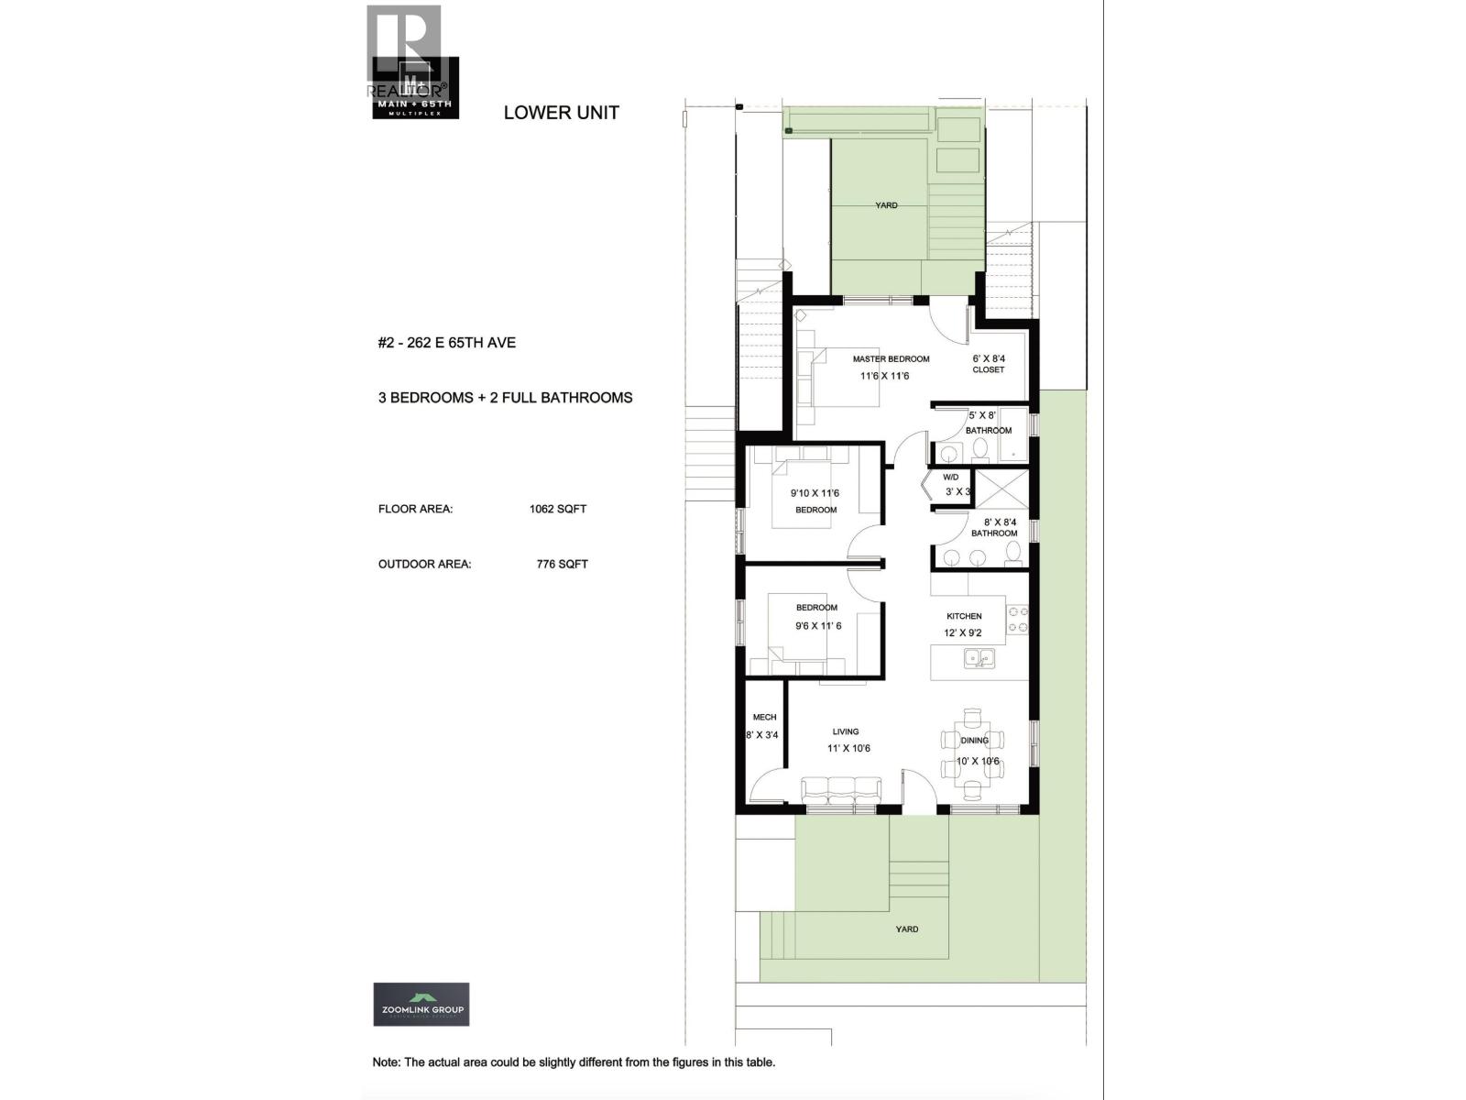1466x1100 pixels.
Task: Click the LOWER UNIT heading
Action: click(561, 113)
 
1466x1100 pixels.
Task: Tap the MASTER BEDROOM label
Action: click(891, 359)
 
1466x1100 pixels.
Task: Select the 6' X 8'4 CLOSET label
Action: click(988, 364)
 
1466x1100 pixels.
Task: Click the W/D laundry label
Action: click(950, 478)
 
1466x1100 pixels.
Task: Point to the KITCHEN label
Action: click(964, 616)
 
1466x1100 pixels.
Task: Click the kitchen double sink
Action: click(979, 657)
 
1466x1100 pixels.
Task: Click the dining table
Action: click(973, 753)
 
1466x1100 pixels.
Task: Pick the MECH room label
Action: click(764, 718)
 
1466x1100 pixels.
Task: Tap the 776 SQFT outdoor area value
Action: click(562, 564)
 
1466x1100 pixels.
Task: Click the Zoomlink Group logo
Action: click(421, 1004)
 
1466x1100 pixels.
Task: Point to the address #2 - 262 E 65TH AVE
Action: click(447, 343)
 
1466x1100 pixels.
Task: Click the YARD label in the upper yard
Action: click(886, 205)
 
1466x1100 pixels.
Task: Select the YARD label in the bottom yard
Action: click(906, 929)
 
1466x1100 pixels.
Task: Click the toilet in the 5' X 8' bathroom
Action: click(979, 448)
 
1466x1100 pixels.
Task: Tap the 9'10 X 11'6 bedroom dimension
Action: click(815, 493)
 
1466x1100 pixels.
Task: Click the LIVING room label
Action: click(846, 731)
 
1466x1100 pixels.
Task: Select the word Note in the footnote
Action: click(385, 1062)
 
